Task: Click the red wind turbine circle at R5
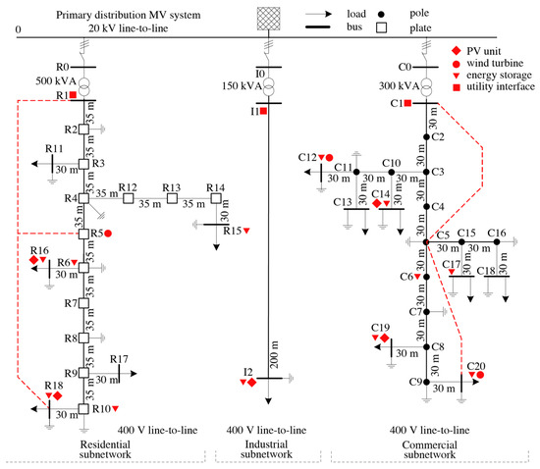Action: click(108, 233)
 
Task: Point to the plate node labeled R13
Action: click(172, 199)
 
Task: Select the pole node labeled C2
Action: click(427, 136)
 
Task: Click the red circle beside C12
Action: click(330, 157)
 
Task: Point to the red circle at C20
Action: click(480, 374)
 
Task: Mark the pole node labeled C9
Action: click(427, 383)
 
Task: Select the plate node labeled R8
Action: click(83, 338)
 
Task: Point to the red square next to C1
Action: click(407, 102)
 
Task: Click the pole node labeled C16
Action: click(498, 241)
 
